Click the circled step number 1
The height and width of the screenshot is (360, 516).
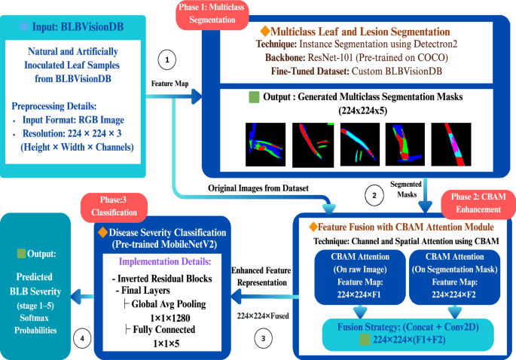[x=167, y=58]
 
